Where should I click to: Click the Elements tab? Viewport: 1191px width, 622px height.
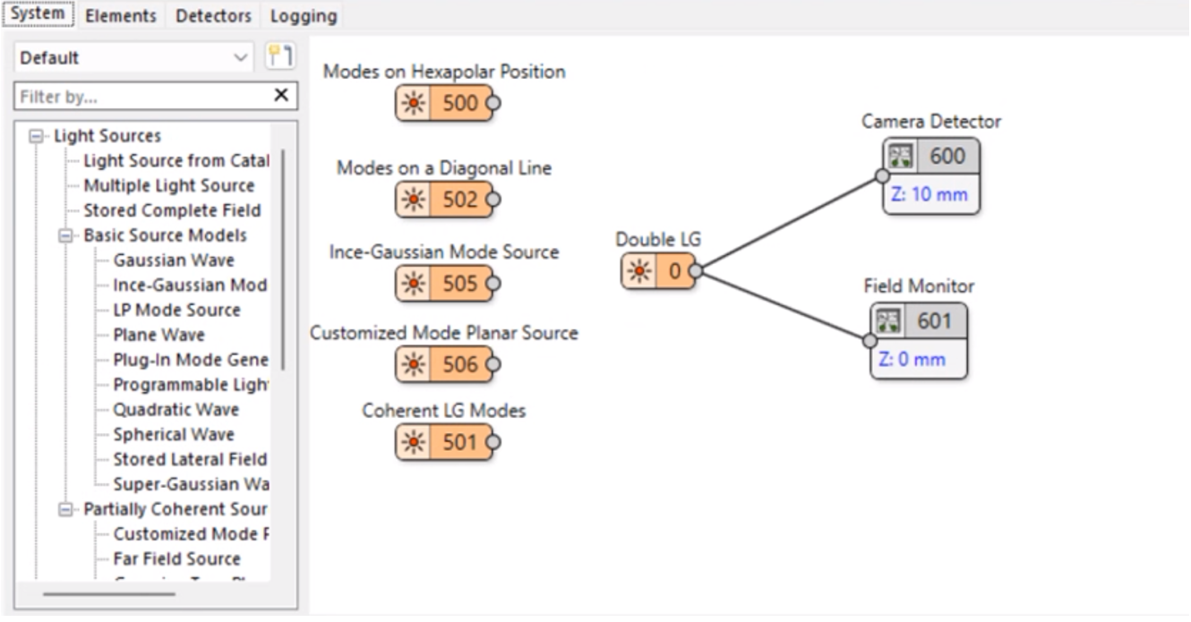pos(121,15)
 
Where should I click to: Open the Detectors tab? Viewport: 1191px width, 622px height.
pos(213,15)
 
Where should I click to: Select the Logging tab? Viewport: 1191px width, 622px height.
pos(304,15)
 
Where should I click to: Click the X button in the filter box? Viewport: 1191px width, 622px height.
pos(281,95)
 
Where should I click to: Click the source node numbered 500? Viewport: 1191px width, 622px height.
pos(444,103)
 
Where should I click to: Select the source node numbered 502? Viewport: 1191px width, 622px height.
pos(444,200)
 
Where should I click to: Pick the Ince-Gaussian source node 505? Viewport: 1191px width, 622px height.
pos(444,284)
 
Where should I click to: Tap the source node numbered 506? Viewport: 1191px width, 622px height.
pos(444,364)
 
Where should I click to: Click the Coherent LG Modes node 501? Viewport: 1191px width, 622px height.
pos(444,442)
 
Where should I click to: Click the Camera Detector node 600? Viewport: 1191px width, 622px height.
pos(931,157)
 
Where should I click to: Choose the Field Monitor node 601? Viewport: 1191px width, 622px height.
pos(919,320)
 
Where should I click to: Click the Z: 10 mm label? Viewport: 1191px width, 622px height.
pos(929,194)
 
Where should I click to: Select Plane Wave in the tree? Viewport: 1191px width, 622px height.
pos(159,335)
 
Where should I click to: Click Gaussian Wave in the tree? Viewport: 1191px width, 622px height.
pos(174,260)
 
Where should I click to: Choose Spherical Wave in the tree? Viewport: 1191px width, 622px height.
pos(174,434)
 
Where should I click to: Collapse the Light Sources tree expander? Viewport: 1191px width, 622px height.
pos(36,136)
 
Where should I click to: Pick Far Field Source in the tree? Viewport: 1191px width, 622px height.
pos(176,558)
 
